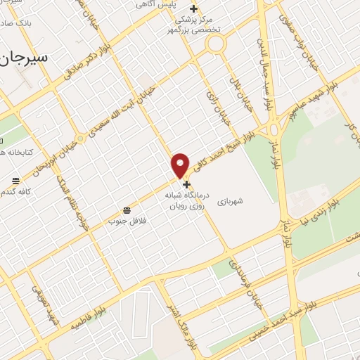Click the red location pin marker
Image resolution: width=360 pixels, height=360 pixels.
point(181,165)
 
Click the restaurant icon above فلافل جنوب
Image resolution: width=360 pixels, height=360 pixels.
point(127,210)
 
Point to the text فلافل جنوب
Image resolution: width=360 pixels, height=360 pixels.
point(122,221)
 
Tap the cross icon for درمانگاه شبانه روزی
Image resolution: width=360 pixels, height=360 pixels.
point(186,184)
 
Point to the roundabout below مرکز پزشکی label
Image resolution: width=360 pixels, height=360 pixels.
point(215,44)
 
